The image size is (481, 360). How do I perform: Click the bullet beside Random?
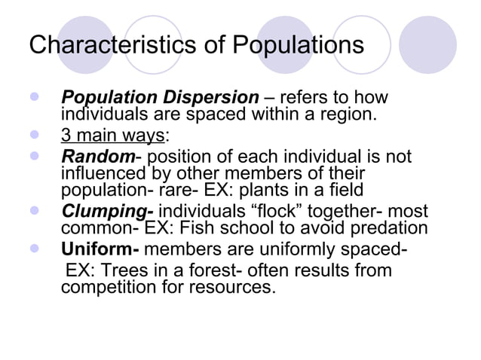(x=34, y=157)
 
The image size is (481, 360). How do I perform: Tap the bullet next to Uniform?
(x=34, y=249)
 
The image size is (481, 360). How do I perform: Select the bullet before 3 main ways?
(x=34, y=137)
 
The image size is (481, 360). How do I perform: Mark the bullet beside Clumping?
(x=34, y=212)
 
